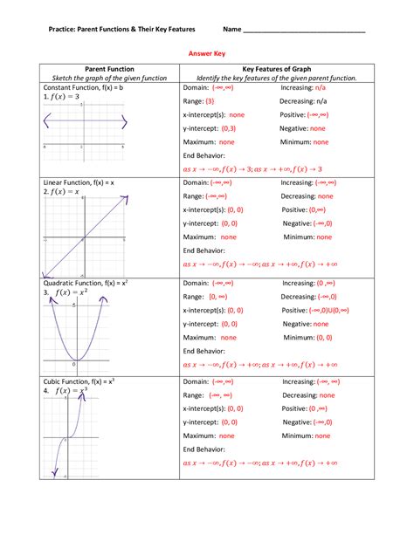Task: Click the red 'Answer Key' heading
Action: click(207, 51)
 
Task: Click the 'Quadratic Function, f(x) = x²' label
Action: click(86, 283)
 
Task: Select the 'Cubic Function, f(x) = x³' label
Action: click(79, 381)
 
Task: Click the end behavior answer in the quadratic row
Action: click(259, 365)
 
